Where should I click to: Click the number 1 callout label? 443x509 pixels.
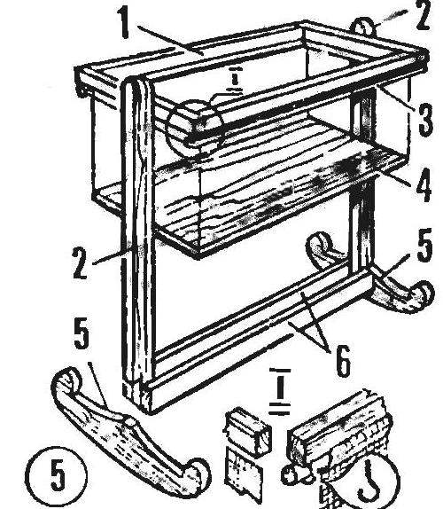[x=125, y=23]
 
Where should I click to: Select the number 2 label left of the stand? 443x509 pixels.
[x=80, y=263]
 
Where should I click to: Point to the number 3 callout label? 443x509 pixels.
[x=426, y=119]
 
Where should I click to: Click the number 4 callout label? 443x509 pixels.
[x=424, y=185]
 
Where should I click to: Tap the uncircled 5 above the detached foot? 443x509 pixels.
[x=82, y=333]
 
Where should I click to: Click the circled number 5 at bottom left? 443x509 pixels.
[x=57, y=474]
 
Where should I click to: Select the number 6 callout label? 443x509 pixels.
[x=343, y=361]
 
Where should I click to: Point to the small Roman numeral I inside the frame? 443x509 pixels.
[x=234, y=79]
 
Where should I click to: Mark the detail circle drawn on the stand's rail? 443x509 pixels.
[x=195, y=125]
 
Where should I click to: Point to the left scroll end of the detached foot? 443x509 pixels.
[x=67, y=380]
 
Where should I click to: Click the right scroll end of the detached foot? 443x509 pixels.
[x=197, y=476]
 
